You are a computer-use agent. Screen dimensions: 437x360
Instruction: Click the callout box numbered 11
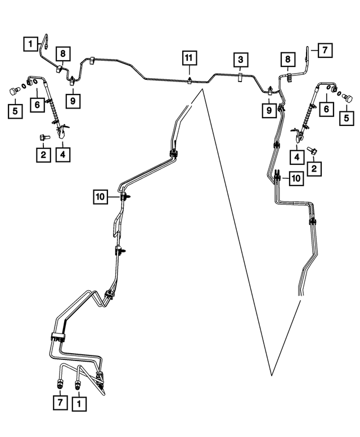coord(190,58)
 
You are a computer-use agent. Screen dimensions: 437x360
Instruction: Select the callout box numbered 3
coord(240,60)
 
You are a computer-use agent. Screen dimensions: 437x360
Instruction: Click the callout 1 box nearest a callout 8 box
coord(29,42)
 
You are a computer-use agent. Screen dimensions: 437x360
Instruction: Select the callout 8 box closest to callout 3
coord(288,59)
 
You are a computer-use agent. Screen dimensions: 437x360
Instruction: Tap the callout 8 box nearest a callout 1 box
coord(62,55)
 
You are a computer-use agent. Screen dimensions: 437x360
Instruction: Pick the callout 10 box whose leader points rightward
coord(100,196)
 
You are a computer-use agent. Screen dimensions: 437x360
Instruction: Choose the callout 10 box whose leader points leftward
coord(296,178)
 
